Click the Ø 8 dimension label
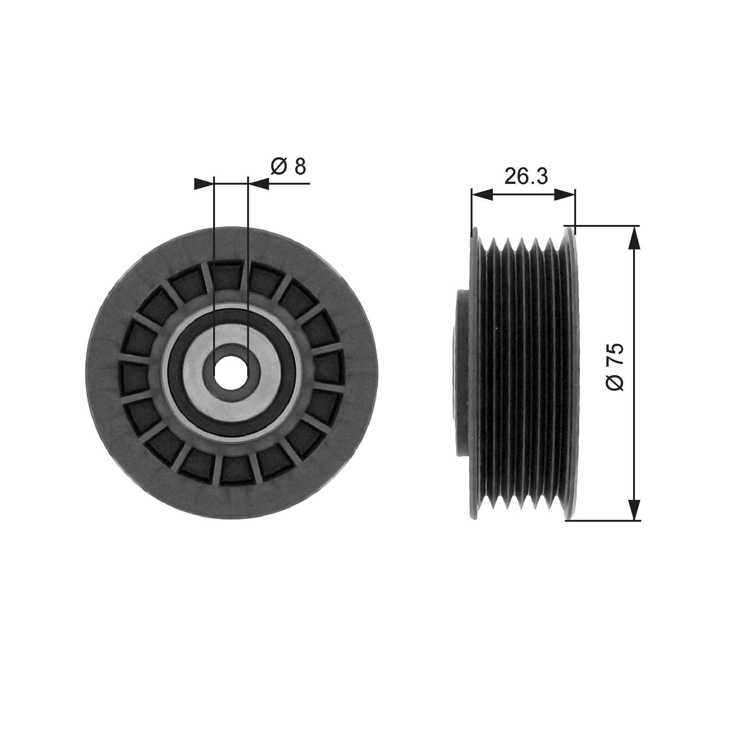click(289, 167)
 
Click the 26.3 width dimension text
click(526, 176)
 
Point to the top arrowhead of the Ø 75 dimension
click(635, 238)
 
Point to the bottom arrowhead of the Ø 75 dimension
click(635, 509)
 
